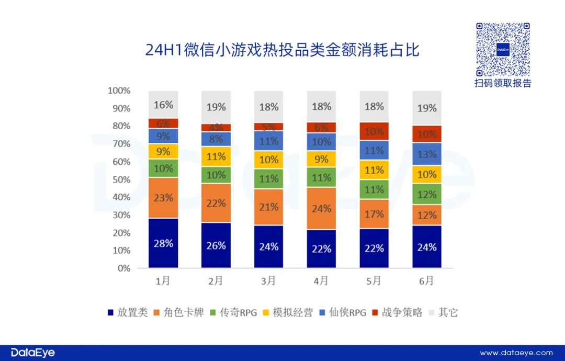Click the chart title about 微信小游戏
click(x=282, y=51)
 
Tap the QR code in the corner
click(x=502, y=50)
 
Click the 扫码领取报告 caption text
click(x=502, y=84)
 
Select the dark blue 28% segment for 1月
click(x=163, y=243)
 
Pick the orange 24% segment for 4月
click(x=321, y=208)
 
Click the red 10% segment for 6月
click(x=427, y=134)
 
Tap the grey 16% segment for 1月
click(x=163, y=105)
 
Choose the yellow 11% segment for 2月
click(x=216, y=156)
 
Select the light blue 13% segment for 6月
click(x=427, y=154)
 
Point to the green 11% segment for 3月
click(x=269, y=178)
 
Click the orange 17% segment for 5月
click(x=374, y=213)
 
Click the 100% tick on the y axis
click(x=119, y=91)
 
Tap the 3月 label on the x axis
click(x=268, y=281)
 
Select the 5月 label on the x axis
click(x=374, y=281)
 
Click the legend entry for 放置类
click(x=128, y=313)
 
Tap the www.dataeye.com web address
click(x=516, y=353)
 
